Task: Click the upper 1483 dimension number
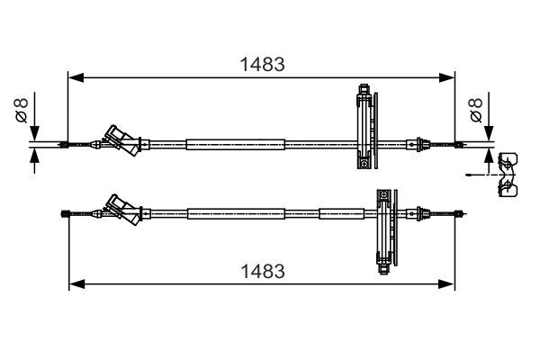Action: pos(262,64)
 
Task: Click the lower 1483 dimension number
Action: pos(262,270)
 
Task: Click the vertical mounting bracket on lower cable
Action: pos(384,231)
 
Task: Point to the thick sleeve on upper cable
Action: pos(236,143)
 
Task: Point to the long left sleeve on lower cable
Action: pos(236,213)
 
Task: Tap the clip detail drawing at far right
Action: pos(507,174)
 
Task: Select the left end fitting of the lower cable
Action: pos(66,213)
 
